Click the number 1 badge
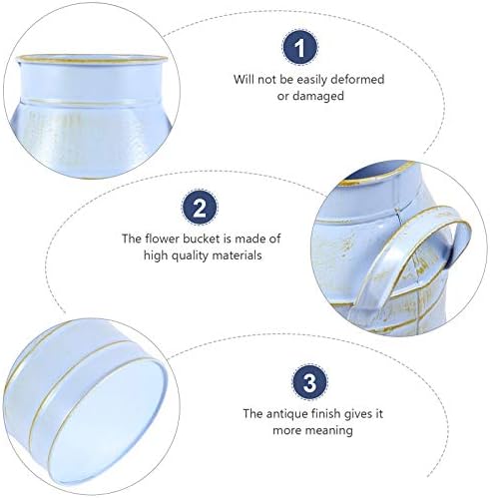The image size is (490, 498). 300,47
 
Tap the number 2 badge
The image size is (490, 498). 200,207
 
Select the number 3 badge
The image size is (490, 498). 309,382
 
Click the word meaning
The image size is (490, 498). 329,430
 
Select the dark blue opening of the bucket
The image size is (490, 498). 377,171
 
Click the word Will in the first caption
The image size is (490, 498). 244,79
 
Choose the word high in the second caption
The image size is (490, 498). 156,255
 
